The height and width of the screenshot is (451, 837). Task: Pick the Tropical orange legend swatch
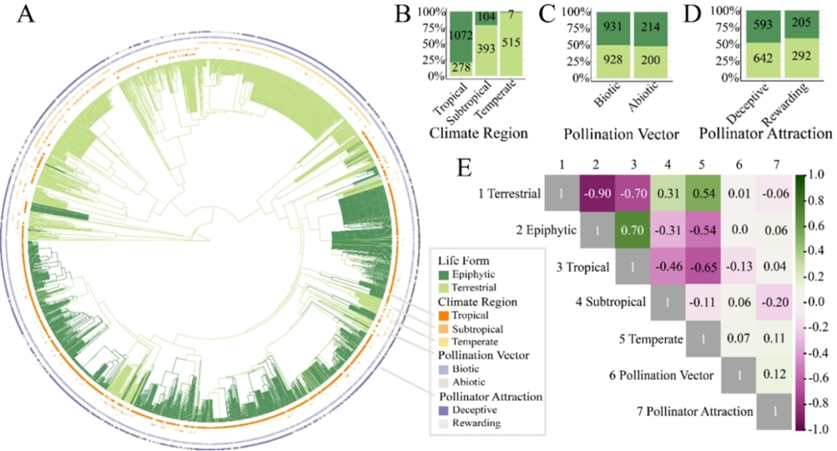click(x=445, y=315)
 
